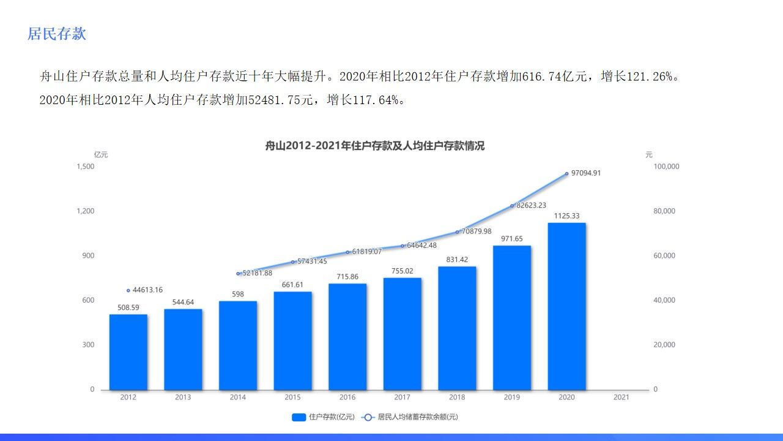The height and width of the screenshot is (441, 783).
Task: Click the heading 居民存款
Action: (x=57, y=34)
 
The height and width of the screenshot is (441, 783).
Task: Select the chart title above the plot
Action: (x=374, y=146)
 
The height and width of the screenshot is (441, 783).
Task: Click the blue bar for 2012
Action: (x=128, y=352)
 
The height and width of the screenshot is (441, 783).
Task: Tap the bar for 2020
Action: (x=566, y=306)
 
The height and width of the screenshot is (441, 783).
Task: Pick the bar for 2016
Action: (x=347, y=337)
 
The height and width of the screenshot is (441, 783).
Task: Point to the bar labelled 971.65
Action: (x=512, y=318)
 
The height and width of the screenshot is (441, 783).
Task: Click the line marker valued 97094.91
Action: (x=566, y=174)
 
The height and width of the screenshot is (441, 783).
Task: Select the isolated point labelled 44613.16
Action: (x=128, y=290)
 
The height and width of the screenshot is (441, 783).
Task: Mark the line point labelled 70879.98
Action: (x=457, y=232)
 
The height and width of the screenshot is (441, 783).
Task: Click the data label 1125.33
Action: (x=566, y=216)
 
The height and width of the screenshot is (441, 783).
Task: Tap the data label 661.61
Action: (x=292, y=285)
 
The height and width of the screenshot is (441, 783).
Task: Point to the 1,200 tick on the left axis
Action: (x=86, y=211)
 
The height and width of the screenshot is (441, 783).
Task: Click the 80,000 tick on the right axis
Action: (x=664, y=211)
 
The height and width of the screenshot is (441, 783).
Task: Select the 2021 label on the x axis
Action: (x=621, y=398)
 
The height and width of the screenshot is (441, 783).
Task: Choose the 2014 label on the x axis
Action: (x=238, y=398)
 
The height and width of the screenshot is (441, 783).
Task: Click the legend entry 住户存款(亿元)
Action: (x=324, y=417)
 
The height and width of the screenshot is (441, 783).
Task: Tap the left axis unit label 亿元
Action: (x=101, y=155)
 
